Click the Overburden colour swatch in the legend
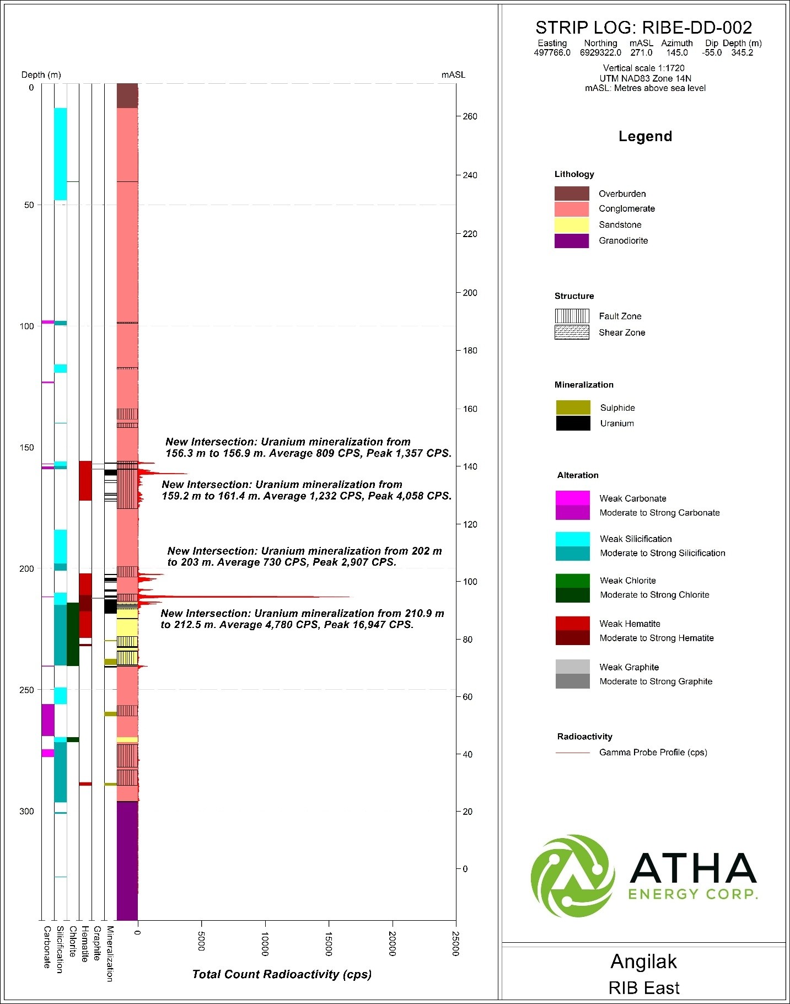click(571, 194)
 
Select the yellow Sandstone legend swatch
click(571, 224)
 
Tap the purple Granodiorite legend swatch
click(571, 240)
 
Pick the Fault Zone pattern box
click(572, 316)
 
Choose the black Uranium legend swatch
click(573, 423)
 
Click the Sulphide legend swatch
click(573, 407)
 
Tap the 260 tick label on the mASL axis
click(470, 116)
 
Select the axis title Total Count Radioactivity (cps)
click(282, 974)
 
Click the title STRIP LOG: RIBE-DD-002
click(643, 28)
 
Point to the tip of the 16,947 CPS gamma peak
click(349, 597)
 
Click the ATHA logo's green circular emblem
click(573, 876)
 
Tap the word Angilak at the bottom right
click(643, 961)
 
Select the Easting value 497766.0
click(552, 53)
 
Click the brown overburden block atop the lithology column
click(127, 96)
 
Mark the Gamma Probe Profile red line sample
click(573, 753)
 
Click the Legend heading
click(645, 136)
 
